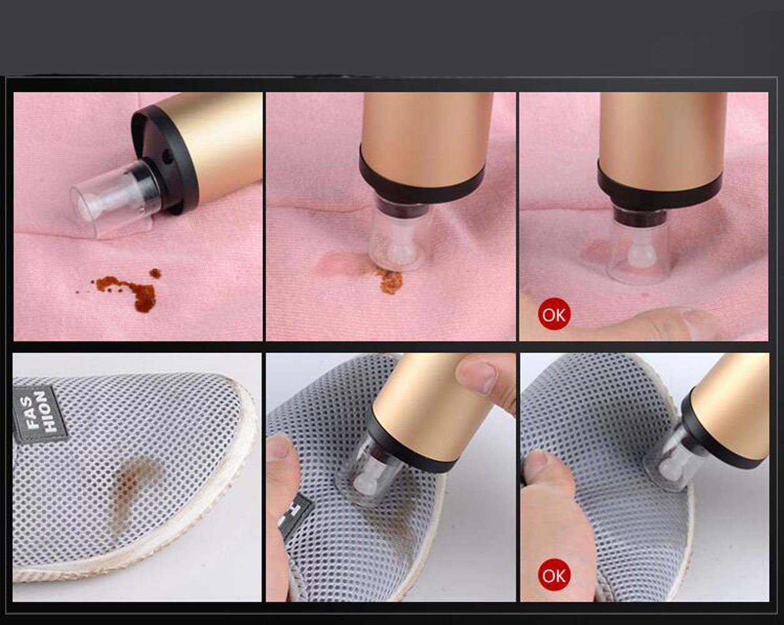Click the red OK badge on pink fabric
point(553,314)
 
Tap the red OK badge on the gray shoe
point(553,575)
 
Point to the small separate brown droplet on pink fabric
point(155,273)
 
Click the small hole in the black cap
point(168,158)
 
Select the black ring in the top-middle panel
point(422,175)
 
